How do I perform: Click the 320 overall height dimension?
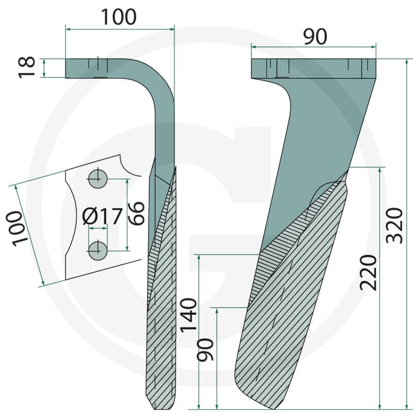coord(394,226)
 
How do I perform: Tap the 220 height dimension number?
coord(369,272)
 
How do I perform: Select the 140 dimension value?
coord(188,314)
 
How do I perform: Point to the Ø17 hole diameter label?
coord(102,216)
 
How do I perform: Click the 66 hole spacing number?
coord(136,213)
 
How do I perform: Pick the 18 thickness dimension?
coord(27,68)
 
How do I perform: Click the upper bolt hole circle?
coord(98,179)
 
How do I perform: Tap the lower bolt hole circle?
coord(98,251)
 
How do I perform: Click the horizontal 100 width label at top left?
coord(119,17)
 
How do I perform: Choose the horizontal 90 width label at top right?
coord(315,37)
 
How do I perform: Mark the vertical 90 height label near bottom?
coord(205,350)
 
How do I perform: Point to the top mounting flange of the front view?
coord(313,69)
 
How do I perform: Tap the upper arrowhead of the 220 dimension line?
coord(379,170)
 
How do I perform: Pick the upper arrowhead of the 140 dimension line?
coord(199,258)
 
